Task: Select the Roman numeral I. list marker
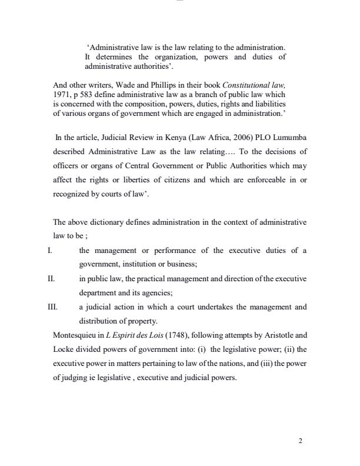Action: pos(49,251)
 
